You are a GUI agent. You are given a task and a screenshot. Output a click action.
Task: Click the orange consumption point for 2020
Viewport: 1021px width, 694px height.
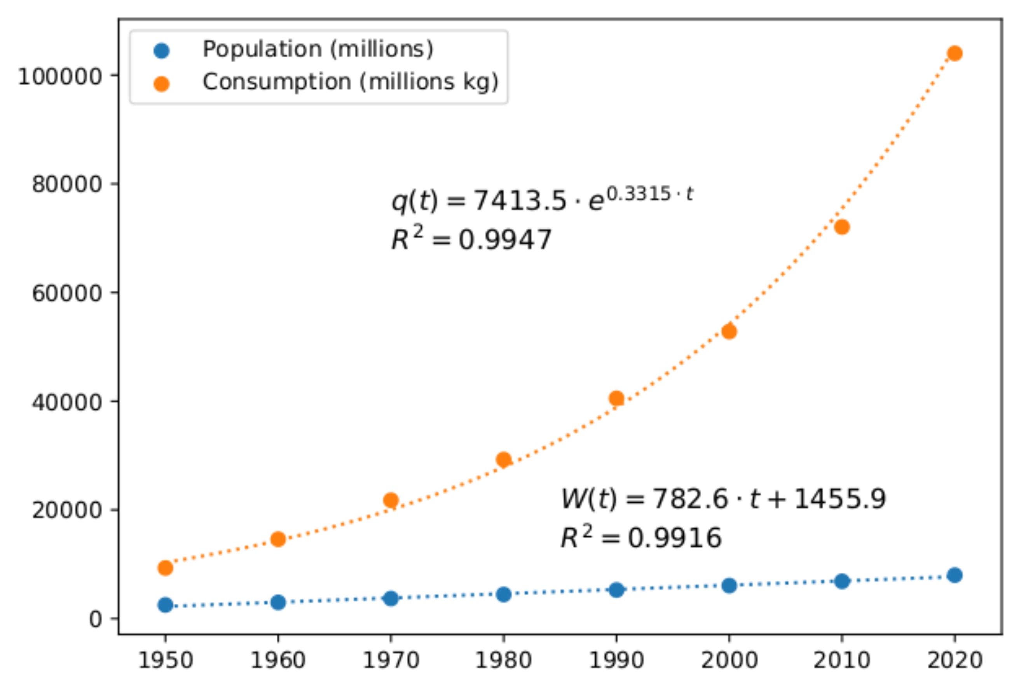[955, 54]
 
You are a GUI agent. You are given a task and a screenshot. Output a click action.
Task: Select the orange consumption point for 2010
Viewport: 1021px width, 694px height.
[842, 227]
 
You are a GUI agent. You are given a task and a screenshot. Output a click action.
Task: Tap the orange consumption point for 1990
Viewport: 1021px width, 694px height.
[616, 398]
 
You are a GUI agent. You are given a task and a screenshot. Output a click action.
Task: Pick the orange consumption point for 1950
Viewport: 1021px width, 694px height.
[165, 568]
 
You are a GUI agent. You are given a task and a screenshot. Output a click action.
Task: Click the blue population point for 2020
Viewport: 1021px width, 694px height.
[955, 575]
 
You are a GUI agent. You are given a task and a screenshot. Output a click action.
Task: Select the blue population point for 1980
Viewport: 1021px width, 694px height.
[503, 594]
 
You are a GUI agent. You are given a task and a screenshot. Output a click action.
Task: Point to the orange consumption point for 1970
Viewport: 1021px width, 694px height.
[391, 500]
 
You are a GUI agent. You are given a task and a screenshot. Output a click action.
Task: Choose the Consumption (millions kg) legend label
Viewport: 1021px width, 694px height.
[350, 82]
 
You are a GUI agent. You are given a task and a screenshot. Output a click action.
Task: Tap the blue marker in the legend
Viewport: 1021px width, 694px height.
[161, 51]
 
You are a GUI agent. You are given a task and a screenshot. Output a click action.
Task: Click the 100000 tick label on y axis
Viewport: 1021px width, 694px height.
[60, 77]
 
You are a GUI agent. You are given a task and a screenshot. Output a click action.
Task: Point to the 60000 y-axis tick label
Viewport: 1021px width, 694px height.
[67, 293]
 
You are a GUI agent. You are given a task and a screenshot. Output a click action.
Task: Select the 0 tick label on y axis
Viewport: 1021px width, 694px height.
[96, 619]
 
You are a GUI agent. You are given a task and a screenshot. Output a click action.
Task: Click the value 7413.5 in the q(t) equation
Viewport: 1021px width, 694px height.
[520, 202]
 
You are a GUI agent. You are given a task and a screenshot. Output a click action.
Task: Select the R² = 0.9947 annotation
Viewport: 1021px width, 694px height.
[471, 240]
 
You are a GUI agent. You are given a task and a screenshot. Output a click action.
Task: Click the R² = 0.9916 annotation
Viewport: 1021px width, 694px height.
[641, 538]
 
